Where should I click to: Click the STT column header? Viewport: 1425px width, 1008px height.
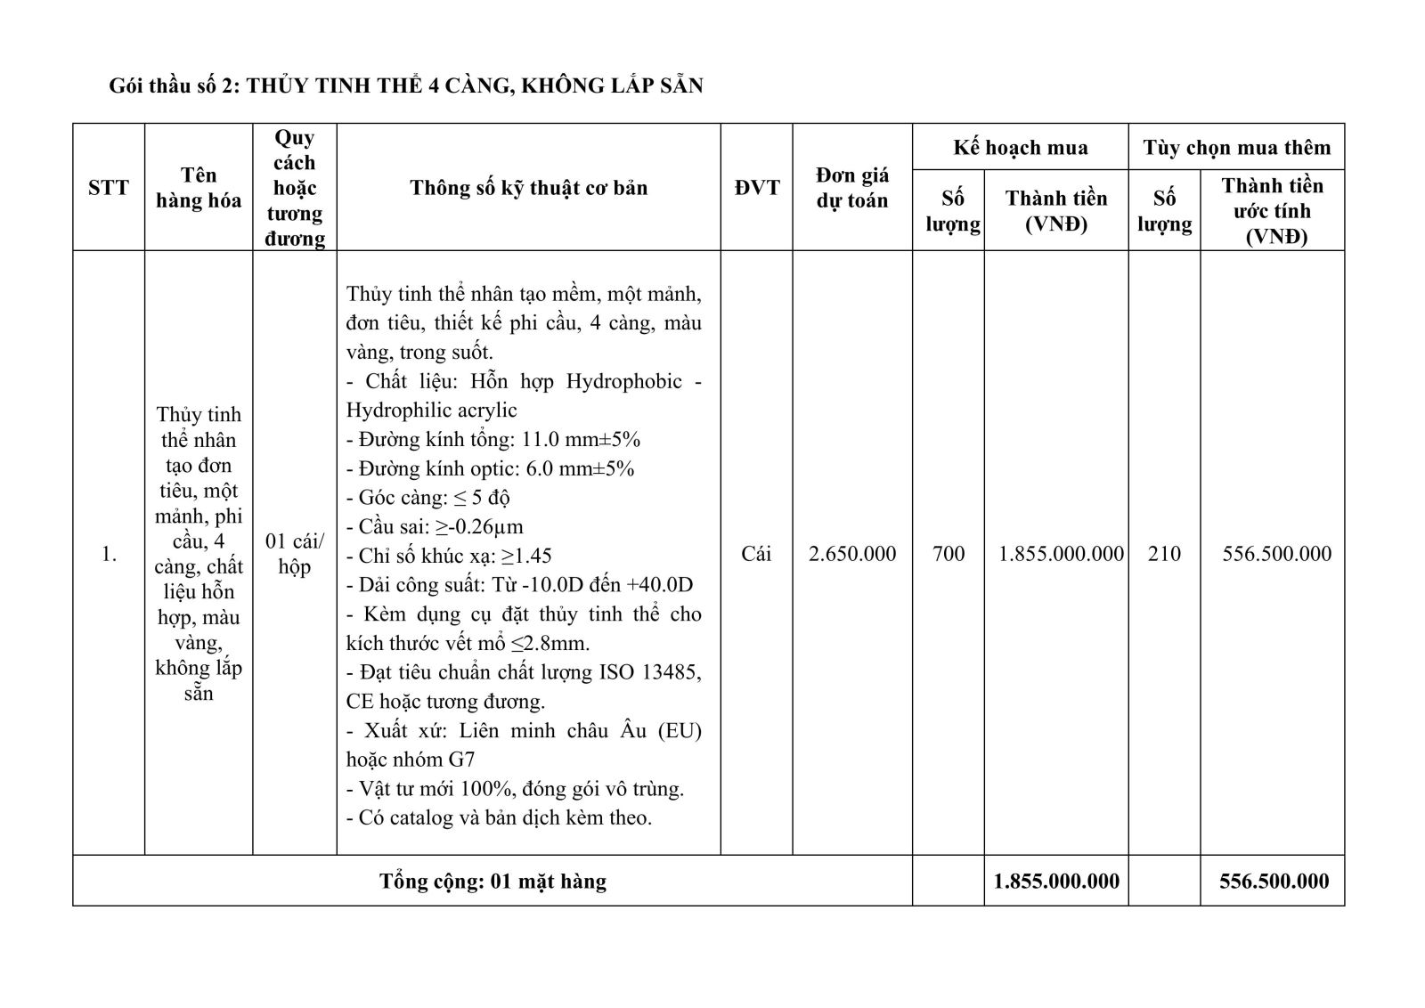point(109,188)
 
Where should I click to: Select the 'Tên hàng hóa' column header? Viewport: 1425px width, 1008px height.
point(199,188)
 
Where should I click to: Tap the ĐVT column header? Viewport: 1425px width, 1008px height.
point(756,188)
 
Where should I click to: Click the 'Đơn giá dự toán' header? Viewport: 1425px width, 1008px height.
point(852,188)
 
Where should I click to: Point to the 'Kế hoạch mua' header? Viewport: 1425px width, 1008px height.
point(1020,148)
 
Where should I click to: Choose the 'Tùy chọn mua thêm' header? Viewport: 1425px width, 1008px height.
point(1236,148)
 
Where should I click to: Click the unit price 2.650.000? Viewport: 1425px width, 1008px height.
point(852,554)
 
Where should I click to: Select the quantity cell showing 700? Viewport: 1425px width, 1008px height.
point(949,554)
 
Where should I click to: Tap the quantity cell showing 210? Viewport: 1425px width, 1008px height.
point(1164,554)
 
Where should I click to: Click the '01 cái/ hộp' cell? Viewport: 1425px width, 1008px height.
point(295,554)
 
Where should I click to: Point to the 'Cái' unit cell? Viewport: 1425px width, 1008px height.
point(756,554)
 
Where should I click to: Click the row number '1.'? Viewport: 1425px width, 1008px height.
point(109,554)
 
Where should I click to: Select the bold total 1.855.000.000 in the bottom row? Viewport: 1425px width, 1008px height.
point(1056,882)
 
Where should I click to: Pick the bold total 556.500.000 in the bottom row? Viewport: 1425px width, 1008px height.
point(1274,882)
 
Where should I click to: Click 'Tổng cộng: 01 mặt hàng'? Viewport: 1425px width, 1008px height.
point(493,882)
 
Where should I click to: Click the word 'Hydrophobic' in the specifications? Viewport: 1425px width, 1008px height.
point(624,381)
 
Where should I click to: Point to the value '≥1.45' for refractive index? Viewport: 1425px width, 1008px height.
point(526,557)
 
